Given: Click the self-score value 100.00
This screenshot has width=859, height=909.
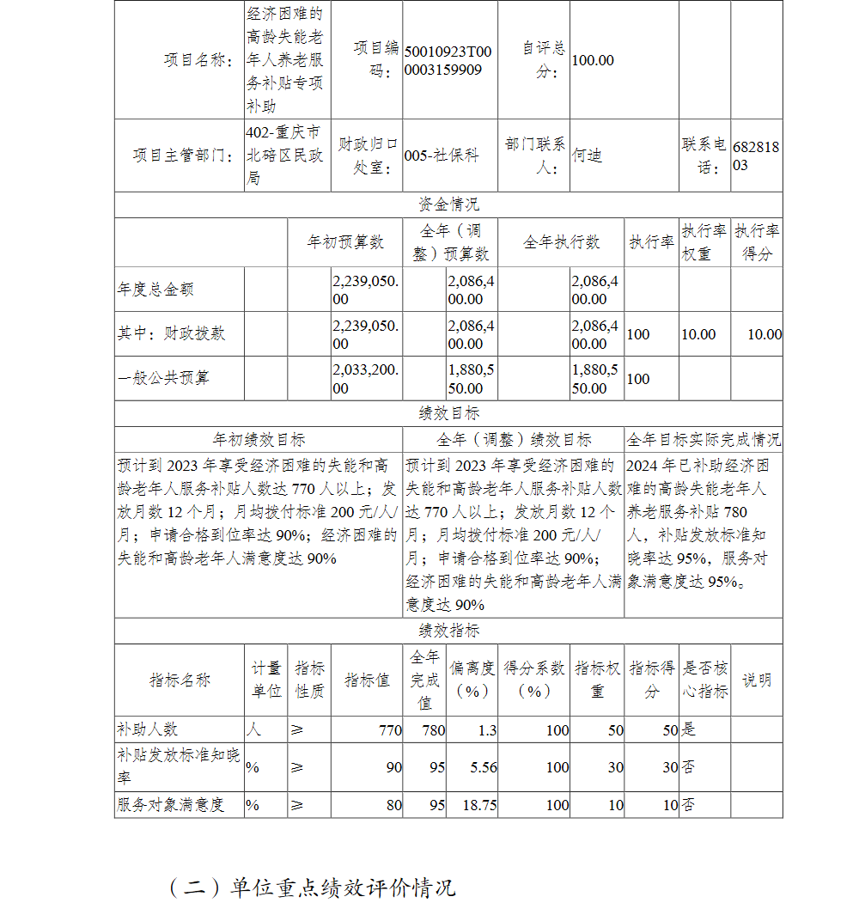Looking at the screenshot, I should coord(593,60).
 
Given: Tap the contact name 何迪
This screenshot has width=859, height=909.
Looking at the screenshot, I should coord(588,156).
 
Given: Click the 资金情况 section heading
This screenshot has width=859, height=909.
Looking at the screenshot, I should coord(448,204).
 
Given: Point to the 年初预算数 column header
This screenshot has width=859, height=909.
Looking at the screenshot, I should coord(345,242).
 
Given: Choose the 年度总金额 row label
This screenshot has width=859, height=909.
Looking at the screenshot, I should coord(155,290).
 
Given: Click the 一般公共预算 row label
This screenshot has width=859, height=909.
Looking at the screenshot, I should coord(163,378).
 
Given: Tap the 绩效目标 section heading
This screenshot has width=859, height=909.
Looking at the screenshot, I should coord(448,413).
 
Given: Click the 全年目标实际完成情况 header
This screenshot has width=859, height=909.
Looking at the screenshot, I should coord(704,440).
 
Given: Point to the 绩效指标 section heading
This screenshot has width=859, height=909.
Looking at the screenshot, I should coord(448,630).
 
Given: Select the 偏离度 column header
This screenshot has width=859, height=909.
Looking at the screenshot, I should coord(472,680).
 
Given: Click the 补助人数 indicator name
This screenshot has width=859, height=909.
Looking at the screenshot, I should coord(147,729).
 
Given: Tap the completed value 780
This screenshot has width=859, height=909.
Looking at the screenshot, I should coord(434,730).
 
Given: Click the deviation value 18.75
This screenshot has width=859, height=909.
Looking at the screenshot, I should coord(479,805).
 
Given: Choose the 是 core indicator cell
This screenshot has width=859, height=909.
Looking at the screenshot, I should coord(688,730).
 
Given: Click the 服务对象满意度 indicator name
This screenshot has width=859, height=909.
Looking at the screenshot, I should coord(170,805).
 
